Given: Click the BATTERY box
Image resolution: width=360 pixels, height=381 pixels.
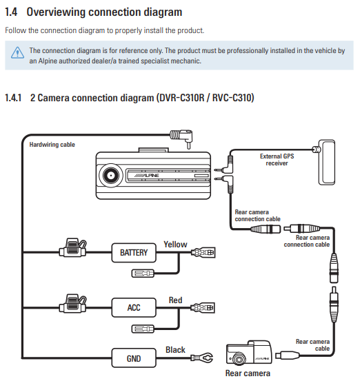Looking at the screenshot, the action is (134, 253).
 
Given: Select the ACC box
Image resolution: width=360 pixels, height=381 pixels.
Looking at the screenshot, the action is (134, 307).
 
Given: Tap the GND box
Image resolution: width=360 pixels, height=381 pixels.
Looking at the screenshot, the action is (134, 358).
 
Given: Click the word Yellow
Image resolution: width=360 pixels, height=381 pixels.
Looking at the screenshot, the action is (175, 245).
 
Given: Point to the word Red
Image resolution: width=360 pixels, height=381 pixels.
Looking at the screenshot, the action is (175, 300).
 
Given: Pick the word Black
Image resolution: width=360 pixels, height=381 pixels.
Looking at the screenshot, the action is (175, 350).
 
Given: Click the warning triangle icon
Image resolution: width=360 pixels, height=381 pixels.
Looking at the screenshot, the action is (17, 52).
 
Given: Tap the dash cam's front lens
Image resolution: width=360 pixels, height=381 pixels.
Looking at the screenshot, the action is (111, 176).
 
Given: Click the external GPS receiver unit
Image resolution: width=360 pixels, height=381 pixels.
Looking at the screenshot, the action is (326, 162).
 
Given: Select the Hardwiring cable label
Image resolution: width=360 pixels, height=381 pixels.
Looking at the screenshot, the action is (52, 145).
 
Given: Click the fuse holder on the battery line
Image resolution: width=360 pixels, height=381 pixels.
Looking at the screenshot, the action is (72, 247).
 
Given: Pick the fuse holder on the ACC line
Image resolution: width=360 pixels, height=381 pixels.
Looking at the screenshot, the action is (72, 303).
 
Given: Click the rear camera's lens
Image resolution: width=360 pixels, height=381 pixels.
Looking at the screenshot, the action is (237, 359).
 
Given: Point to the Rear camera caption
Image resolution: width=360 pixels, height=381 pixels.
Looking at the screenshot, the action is (248, 373).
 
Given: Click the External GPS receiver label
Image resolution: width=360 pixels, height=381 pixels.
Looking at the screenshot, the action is (277, 160).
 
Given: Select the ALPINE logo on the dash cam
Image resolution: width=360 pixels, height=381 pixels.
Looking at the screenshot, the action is (147, 176).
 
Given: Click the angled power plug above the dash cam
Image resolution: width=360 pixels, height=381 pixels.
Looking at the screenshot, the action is (181, 138).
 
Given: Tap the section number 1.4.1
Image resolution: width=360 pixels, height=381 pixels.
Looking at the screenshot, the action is (13, 98).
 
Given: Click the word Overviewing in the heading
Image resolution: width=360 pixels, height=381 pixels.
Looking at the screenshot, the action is (57, 12).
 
